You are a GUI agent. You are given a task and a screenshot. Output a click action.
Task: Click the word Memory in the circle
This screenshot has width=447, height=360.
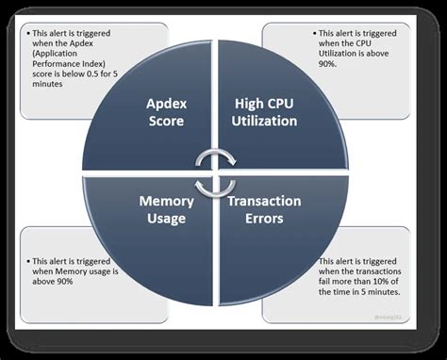[x=167, y=201]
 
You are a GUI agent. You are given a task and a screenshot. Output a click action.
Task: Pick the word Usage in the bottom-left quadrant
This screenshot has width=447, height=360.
[x=167, y=219]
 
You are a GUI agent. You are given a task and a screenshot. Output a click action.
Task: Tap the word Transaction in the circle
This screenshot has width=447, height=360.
[x=264, y=201]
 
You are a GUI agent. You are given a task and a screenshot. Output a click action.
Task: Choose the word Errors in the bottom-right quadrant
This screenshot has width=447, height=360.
[x=264, y=219]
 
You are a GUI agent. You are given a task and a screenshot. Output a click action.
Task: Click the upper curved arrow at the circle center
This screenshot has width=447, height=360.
[x=216, y=155]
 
